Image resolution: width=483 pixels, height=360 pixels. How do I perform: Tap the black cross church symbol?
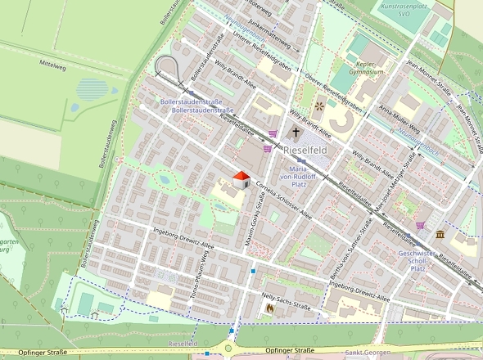[x=296, y=132]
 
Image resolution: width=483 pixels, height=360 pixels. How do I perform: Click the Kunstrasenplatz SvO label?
[x=404, y=11]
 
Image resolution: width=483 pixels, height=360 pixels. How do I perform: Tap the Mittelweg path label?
[x=52, y=63]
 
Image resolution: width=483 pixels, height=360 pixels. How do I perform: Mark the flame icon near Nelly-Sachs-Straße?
[x=270, y=308]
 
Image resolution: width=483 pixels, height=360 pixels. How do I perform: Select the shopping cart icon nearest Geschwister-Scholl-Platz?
[x=420, y=225]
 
